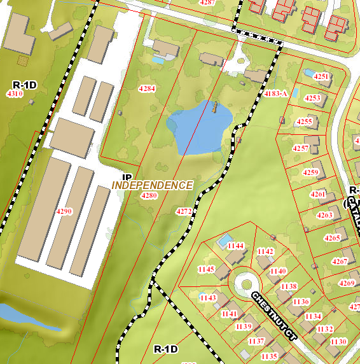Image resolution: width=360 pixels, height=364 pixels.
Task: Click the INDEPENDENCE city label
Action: (152, 185)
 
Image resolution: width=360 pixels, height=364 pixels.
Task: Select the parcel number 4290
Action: (64, 211)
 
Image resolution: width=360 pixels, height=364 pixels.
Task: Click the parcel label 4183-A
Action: (276, 94)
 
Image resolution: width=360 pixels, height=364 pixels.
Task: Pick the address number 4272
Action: (184, 211)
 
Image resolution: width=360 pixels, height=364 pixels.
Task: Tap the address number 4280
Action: (148, 195)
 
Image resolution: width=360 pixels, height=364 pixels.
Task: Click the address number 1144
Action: (236, 246)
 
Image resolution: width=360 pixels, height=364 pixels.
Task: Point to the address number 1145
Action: (206, 269)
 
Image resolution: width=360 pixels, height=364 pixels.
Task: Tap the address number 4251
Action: (322, 77)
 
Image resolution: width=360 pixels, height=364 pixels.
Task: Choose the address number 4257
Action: (301, 148)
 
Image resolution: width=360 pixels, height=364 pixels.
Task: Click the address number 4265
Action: (332, 238)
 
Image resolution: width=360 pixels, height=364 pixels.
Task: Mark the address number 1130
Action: (338, 342)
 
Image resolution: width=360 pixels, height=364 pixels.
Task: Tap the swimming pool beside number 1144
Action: (223, 241)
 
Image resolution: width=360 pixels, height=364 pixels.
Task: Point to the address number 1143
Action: (208, 298)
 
